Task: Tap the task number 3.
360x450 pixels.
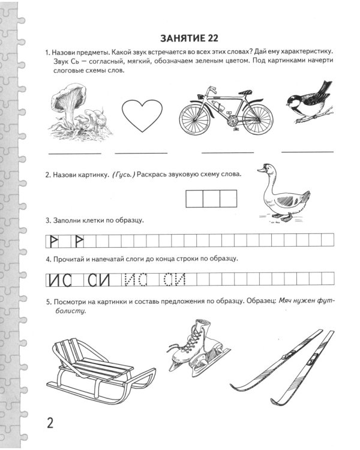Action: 47,220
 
